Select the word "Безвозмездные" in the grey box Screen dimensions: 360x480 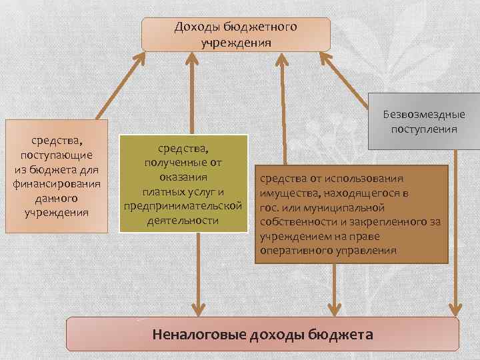[x=424, y=114]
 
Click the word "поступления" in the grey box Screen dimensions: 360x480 [x=424, y=128]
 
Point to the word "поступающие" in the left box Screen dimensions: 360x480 [x=57, y=155]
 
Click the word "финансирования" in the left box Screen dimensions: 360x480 [x=57, y=184]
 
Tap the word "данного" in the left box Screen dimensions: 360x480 [x=57, y=199]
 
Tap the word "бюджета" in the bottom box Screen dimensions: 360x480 [x=341, y=334]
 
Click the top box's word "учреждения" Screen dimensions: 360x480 [x=235, y=42]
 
